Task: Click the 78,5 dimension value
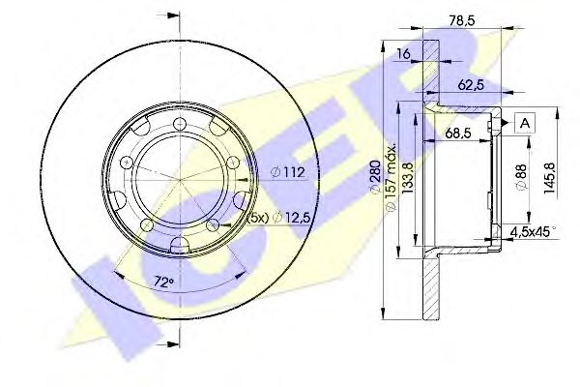click(461, 20)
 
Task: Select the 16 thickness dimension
click(403, 54)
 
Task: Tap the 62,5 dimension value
click(471, 85)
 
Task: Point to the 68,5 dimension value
click(458, 133)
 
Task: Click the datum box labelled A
click(525, 123)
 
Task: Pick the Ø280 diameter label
click(375, 176)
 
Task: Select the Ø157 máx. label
click(391, 177)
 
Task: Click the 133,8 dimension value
click(407, 178)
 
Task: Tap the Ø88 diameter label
click(521, 177)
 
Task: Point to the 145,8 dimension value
click(548, 178)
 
